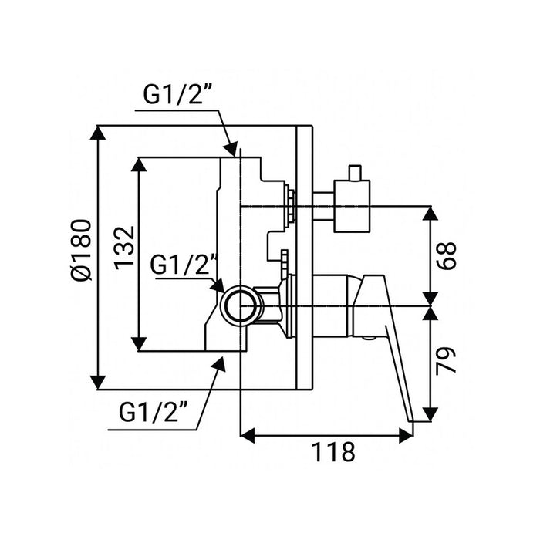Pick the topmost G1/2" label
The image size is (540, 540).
point(177,96)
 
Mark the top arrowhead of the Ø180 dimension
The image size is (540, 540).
point(98,133)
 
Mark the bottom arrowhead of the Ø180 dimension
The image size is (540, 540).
point(98,383)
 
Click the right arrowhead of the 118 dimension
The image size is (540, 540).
point(406,436)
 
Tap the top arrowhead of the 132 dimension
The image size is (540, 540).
point(140,165)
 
